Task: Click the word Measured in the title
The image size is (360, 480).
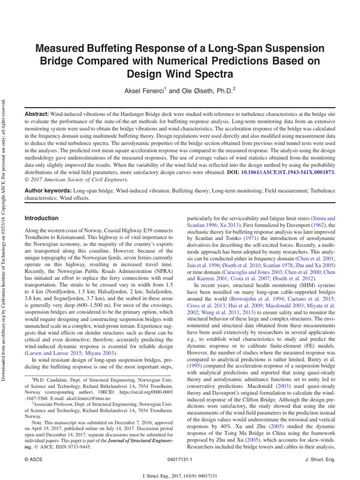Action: [x=61, y=49]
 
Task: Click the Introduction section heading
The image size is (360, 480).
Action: [x=41, y=218]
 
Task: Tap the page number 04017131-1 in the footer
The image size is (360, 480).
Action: [x=180, y=460]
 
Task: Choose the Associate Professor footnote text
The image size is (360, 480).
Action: [x=56, y=402]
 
